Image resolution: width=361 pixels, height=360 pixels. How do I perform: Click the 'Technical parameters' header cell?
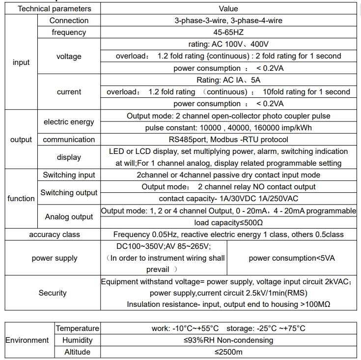pos(55,9)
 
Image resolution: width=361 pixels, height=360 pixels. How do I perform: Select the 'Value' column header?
pos(228,9)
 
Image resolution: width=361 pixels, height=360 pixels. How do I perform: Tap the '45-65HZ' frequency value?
pos(228,32)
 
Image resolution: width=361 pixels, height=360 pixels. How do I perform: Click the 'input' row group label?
pos(21,62)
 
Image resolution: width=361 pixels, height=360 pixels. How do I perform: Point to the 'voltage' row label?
pos(69,57)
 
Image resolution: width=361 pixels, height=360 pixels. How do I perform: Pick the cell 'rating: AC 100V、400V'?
pos(228,44)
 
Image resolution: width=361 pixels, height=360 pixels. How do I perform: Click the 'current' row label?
pos(69,92)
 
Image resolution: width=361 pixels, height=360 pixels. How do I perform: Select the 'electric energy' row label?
pos(69,122)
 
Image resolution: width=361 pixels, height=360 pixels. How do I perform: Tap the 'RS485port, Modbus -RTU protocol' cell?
pos(228,140)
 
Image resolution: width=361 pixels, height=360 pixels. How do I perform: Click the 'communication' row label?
pos(69,140)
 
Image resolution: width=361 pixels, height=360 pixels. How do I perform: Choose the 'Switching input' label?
pos(69,175)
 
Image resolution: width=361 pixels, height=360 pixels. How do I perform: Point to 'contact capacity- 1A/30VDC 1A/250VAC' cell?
pos(228,199)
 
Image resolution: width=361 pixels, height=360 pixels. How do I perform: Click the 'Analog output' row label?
pos(69,217)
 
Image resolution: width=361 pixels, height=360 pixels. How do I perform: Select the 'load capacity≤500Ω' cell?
pos(228,223)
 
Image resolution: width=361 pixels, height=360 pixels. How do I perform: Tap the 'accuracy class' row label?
pos(55,235)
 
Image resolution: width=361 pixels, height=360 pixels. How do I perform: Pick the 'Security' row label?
pos(53,293)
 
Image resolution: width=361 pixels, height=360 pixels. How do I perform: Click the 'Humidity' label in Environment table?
pos(77,340)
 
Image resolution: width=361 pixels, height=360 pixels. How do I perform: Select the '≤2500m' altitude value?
pos(228,352)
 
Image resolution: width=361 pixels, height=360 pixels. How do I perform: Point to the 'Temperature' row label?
pos(77,329)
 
